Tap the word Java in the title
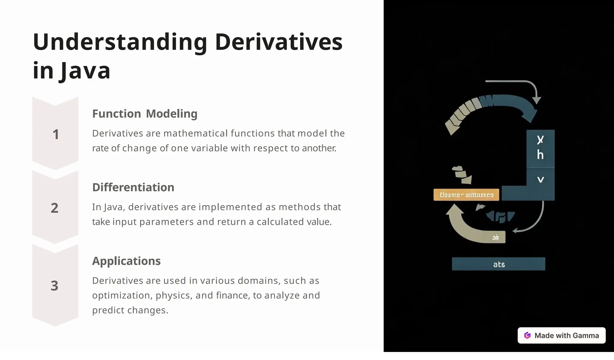click(85, 71)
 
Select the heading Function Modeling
click(145, 114)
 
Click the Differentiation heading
click(133, 187)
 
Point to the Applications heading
click(126, 261)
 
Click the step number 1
click(55, 134)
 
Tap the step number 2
click(55, 208)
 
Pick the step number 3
click(55, 286)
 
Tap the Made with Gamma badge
click(562, 335)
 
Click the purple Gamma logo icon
click(527, 335)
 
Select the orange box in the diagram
click(466, 195)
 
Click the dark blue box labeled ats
click(499, 264)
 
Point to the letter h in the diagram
click(540, 155)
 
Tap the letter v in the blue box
click(541, 180)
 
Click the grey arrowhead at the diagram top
click(536, 100)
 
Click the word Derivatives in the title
click(279, 42)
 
